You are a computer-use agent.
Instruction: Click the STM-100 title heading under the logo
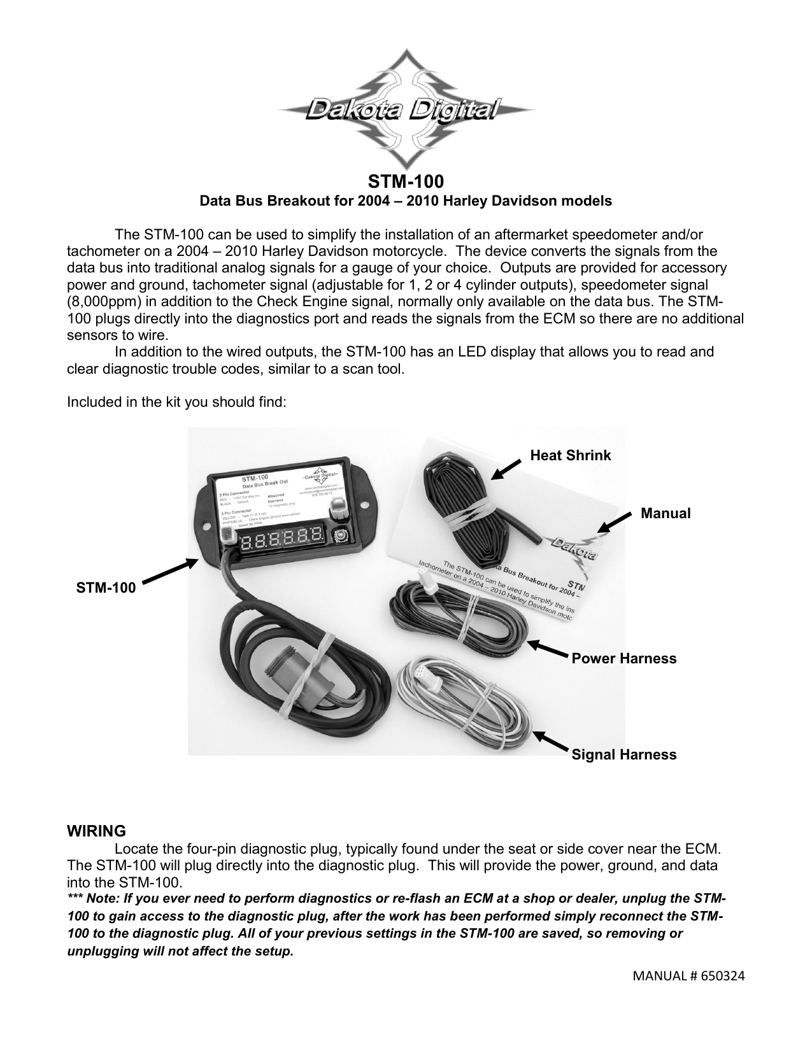(x=406, y=181)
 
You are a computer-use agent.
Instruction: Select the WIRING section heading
(x=97, y=831)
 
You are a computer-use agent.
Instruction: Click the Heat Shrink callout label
(x=570, y=455)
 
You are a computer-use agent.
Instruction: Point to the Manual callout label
(x=666, y=513)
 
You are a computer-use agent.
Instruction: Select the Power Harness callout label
(x=623, y=658)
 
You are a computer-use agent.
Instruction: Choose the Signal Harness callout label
(x=623, y=754)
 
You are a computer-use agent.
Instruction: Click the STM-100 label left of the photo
(x=106, y=588)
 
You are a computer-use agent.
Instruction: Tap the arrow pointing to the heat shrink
(x=506, y=470)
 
